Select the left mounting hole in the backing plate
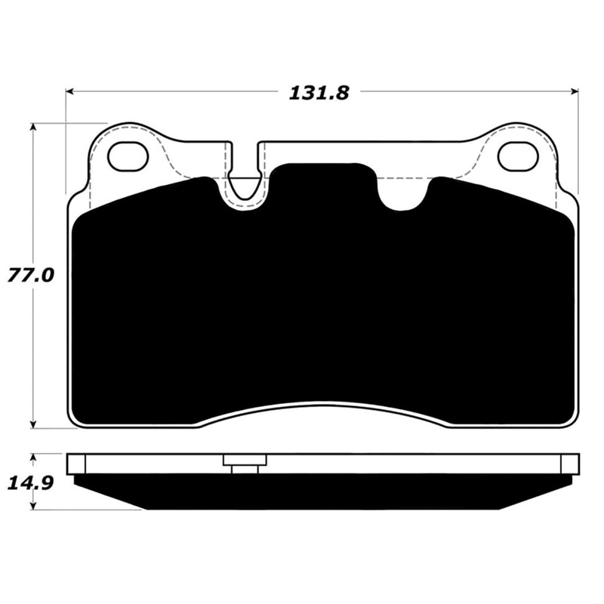point(126,156)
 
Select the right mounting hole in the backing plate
point(517,156)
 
